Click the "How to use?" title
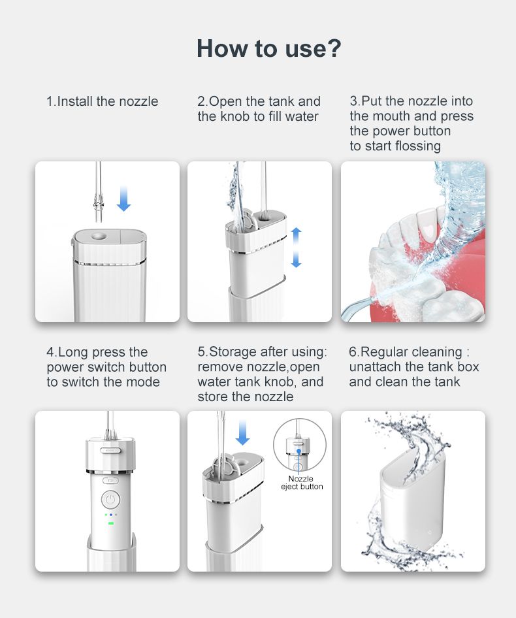(x=269, y=48)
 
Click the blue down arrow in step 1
(x=124, y=199)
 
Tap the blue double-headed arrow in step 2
(x=296, y=248)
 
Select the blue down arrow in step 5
(x=242, y=432)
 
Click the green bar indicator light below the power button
(x=111, y=523)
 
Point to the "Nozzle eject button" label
(x=302, y=482)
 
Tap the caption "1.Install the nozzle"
(x=102, y=101)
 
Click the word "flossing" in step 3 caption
(x=418, y=146)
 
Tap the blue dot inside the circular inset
(x=298, y=451)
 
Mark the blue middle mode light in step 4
(x=111, y=515)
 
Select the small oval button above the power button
(x=110, y=480)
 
